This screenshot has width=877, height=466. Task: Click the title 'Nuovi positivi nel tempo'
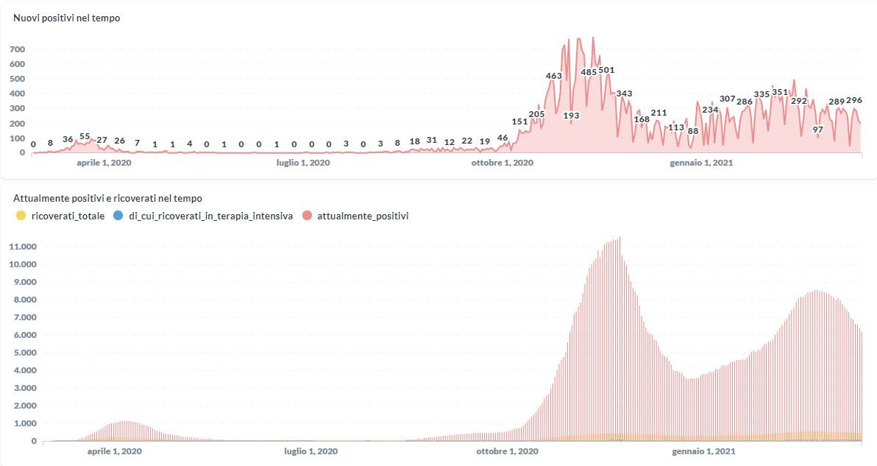tap(66, 18)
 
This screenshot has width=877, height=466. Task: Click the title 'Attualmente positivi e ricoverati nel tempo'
tap(107, 198)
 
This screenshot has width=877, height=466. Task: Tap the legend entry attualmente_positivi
tap(363, 216)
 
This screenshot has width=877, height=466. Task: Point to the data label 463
tap(554, 76)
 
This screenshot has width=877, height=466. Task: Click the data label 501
tap(606, 71)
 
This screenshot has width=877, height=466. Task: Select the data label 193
tap(572, 116)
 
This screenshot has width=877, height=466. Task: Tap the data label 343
tap(624, 93)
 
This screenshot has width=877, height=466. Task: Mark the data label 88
tap(693, 131)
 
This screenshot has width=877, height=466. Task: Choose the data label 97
tap(818, 130)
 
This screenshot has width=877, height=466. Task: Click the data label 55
tap(85, 137)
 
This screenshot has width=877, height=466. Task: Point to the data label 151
tap(519, 121)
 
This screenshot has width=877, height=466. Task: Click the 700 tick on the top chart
tap(18, 49)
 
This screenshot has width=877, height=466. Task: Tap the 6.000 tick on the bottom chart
tap(24, 335)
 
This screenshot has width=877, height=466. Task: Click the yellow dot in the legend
tap(21, 216)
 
